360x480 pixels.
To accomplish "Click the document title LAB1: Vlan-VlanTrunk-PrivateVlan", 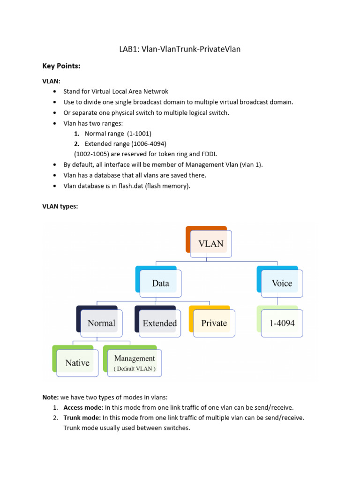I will pos(180,49).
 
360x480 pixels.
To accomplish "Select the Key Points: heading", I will pos(61,67).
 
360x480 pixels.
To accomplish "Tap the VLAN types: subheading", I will pos(60,207).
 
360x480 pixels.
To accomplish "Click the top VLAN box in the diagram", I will pos(211,244).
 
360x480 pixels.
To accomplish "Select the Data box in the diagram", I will pos(161,283).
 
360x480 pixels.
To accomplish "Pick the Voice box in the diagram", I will pos(282,283).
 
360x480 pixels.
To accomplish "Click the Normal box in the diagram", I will pos(101,323).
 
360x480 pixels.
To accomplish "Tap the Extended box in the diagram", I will pos(160,323).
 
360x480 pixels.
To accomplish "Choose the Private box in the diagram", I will pos(214,323).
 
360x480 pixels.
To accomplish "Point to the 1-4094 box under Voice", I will pos(282,323).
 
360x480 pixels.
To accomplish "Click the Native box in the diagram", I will pos(77,362).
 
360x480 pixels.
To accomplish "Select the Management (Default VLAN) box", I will pos(135,363).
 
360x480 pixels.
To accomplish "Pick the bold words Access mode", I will pos(82,407).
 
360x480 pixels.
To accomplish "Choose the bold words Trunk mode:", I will pos(82,417).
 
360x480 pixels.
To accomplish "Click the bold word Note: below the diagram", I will pos(51,397).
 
